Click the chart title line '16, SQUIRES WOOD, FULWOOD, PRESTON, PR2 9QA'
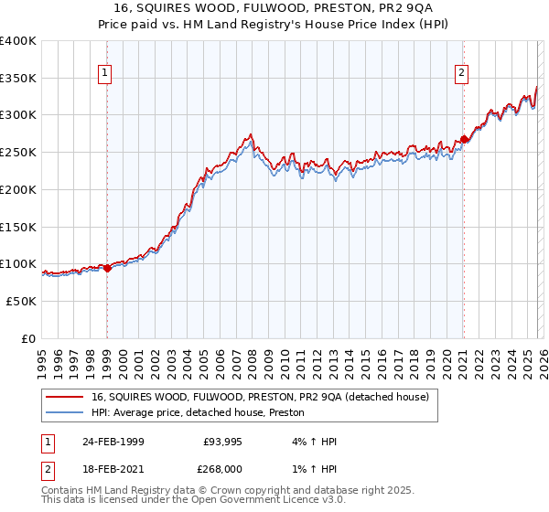[x=274, y=8]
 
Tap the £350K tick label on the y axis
[x=18, y=78]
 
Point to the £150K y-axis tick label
[x=18, y=226]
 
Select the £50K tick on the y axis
[x=22, y=301]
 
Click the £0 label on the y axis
[x=29, y=338]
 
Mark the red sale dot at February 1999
[x=107, y=268]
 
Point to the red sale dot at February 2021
[x=464, y=139]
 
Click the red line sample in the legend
[x=66, y=397]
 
